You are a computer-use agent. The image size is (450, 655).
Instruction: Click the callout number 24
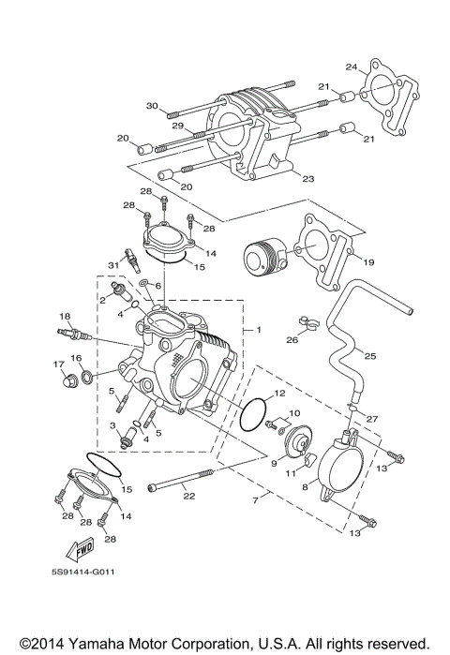pyautogui.click(x=352, y=67)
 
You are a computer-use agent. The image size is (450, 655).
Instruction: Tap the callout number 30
pyautogui.click(x=151, y=106)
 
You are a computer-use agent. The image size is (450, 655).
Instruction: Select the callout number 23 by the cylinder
pyautogui.click(x=307, y=177)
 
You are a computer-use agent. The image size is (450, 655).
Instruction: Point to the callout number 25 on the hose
pyautogui.click(x=370, y=357)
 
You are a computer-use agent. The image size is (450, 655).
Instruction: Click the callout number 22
pyautogui.click(x=188, y=496)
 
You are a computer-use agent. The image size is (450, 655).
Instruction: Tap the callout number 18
pyautogui.click(x=65, y=316)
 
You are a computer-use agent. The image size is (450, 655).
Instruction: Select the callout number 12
pyautogui.click(x=279, y=394)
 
